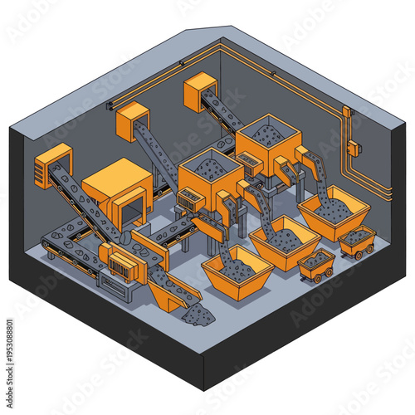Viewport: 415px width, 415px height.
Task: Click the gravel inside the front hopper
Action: pyautogui.click(x=210, y=169)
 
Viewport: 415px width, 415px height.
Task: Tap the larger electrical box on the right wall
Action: pyautogui.click(x=353, y=148)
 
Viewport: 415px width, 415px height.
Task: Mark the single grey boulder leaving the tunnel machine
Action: pyautogui.click(x=125, y=237)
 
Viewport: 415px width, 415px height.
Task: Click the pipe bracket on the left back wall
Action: pyautogui.click(x=110, y=105)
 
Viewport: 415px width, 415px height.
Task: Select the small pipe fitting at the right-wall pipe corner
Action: pyautogui.click(x=346, y=111)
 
